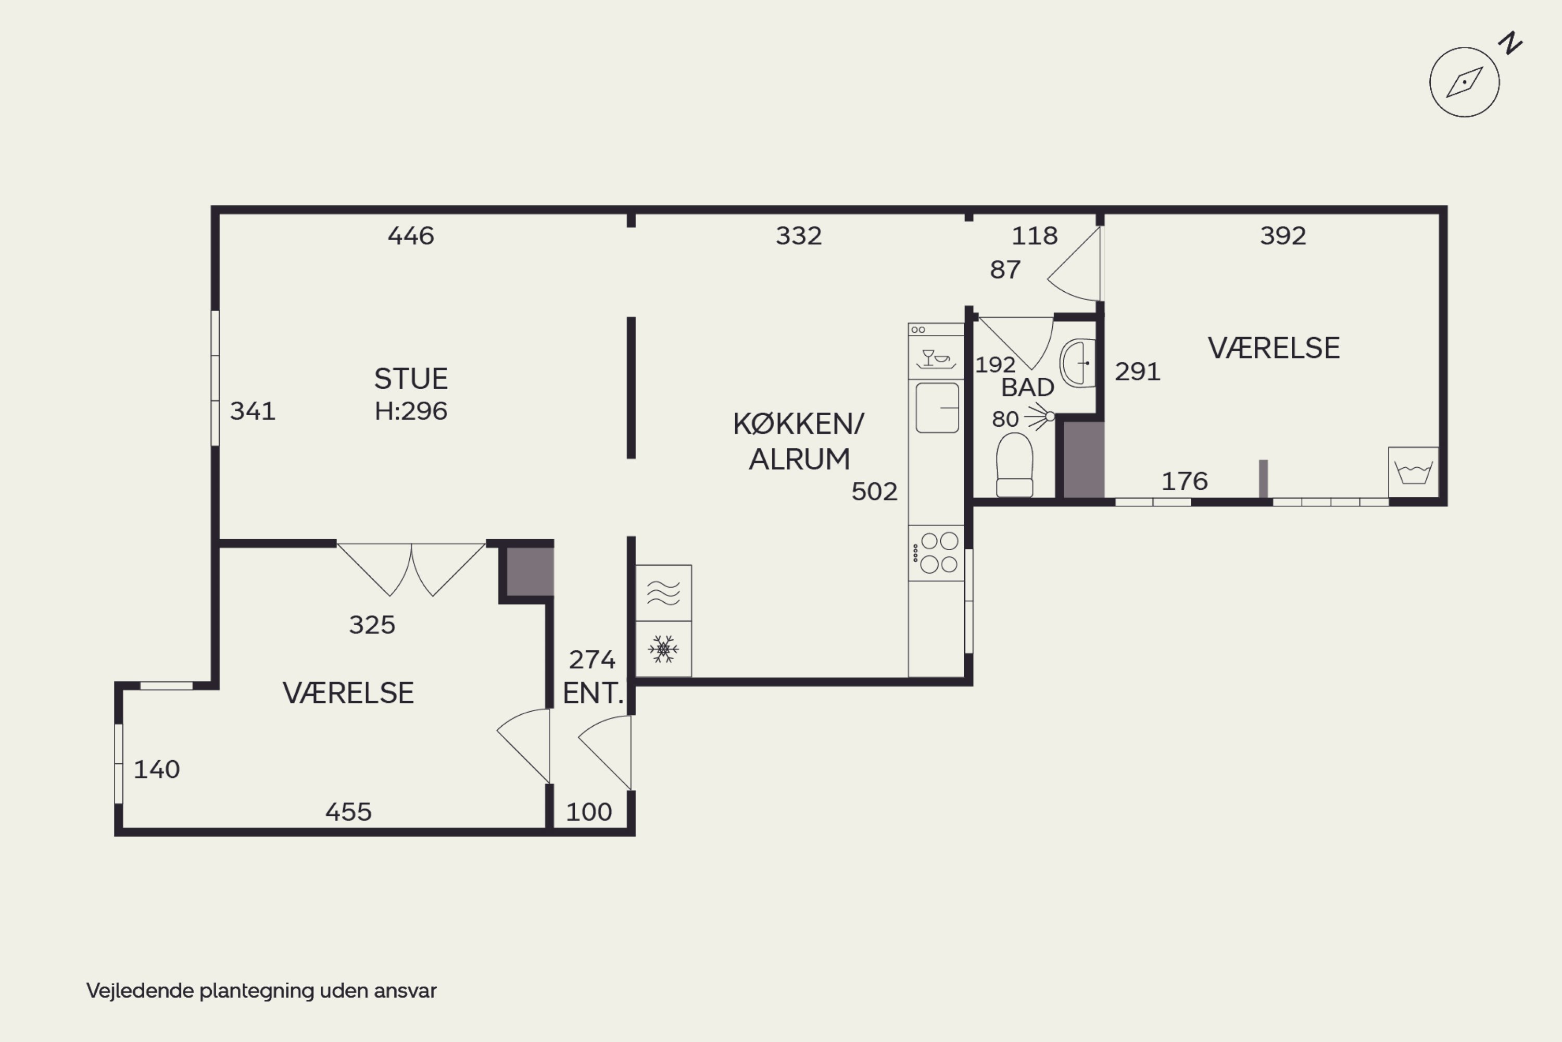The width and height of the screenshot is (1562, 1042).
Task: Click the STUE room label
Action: [x=411, y=379]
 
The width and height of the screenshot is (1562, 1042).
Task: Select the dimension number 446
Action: [x=411, y=236]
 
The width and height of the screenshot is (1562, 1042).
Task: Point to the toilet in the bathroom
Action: [x=1015, y=465]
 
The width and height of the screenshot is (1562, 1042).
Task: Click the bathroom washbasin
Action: [x=1077, y=363]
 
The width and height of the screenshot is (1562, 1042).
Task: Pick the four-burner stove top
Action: [x=936, y=553]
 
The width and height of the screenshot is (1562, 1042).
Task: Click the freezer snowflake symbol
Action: [x=663, y=649]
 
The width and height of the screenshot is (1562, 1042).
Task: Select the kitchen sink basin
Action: [x=937, y=408]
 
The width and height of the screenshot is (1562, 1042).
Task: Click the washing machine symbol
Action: [x=1413, y=472]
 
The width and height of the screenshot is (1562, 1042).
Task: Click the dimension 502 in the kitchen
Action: [x=875, y=492]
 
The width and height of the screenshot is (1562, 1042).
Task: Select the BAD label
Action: [x=1027, y=388]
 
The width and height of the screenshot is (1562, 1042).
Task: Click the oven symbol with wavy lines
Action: [x=663, y=593]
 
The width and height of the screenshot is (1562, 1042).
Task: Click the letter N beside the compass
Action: [x=1511, y=43]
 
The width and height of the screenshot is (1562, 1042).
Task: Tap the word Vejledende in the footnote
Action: [x=140, y=991]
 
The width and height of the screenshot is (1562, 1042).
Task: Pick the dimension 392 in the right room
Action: [x=1283, y=236]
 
